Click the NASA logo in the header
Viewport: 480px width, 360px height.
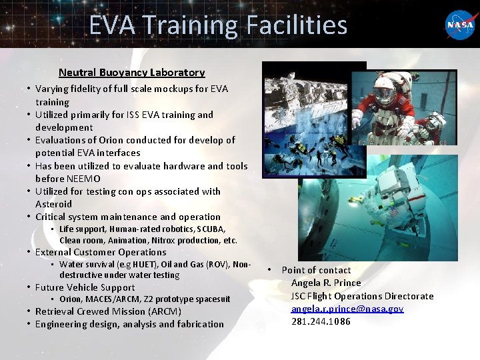click(460, 25)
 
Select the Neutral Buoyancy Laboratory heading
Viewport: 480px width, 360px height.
click(131, 72)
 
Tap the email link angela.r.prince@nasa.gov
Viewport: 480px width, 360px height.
click(347, 309)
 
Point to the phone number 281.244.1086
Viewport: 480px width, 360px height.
click(321, 321)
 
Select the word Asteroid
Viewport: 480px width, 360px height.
click(53, 204)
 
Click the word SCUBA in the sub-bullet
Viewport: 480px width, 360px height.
click(211, 229)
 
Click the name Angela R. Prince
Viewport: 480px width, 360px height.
click(326, 283)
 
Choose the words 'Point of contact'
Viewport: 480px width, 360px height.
click(316, 270)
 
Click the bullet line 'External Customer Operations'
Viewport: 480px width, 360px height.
click(101, 252)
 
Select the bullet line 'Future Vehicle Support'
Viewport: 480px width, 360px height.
click(85, 287)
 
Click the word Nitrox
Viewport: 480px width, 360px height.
click(166, 240)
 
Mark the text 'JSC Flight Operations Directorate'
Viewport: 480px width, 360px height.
click(362, 296)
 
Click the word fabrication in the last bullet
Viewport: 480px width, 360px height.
click(197, 324)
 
